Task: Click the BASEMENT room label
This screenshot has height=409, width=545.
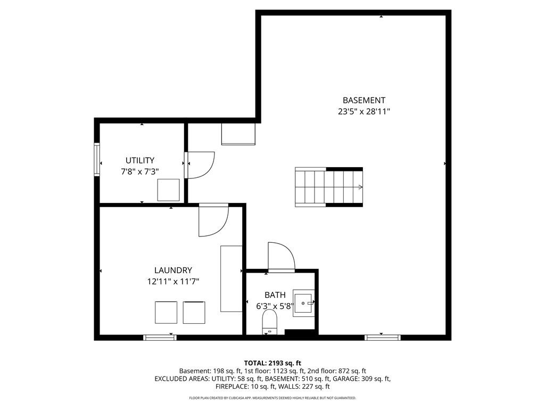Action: click(x=364, y=101)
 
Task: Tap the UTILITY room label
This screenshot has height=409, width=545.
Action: click(x=140, y=160)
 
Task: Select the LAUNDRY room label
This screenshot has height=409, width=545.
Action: click(x=173, y=270)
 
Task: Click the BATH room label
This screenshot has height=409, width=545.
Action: click(x=275, y=295)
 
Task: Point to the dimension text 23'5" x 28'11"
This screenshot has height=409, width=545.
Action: click(x=364, y=112)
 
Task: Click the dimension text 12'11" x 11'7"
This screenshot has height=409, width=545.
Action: click(x=173, y=281)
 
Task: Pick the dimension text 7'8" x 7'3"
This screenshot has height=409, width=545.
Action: click(x=140, y=171)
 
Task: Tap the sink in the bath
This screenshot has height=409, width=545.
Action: click(x=303, y=303)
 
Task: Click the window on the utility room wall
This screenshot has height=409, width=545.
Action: click(x=97, y=159)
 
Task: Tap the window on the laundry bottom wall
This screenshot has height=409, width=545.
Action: click(x=160, y=337)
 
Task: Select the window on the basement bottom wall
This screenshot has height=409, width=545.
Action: click(x=382, y=337)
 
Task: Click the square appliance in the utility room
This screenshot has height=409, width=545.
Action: click(x=169, y=190)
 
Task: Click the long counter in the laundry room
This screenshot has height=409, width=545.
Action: click(x=231, y=279)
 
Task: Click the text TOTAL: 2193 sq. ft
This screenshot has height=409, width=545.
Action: click(x=272, y=364)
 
